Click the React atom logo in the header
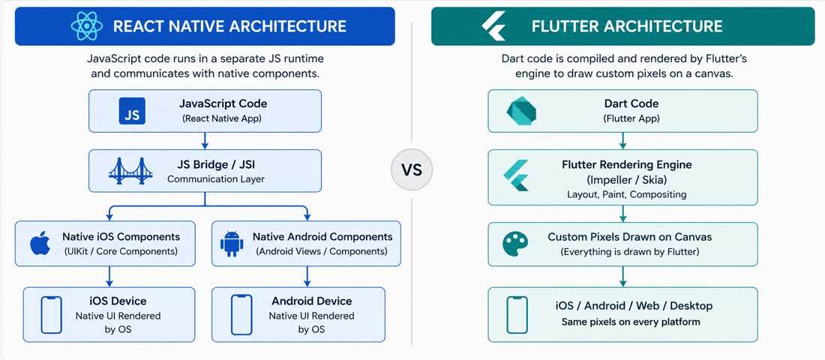(87, 26)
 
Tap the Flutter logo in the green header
(494, 26)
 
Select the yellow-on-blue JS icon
(132, 110)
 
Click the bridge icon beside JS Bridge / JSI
(130, 171)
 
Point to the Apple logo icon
(40, 243)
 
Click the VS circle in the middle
(412, 169)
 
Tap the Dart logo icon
(520, 111)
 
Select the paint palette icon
(516, 243)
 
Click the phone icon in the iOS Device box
(51, 314)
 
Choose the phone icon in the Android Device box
(241, 314)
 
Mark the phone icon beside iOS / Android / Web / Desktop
(517, 314)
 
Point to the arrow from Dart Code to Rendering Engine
(622, 140)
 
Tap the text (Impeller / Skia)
(626, 179)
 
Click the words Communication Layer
(216, 179)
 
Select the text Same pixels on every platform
(631, 322)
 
